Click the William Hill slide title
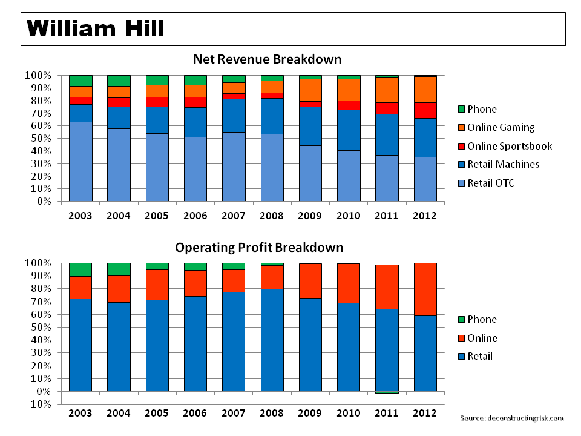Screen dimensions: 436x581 pyautogui.click(x=96, y=28)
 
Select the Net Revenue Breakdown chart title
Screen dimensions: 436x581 pyautogui.click(x=267, y=59)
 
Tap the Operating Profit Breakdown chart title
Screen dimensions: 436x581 pyautogui.click(x=259, y=248)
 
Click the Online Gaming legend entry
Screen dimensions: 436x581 pyautogui.click(x=501, y=127)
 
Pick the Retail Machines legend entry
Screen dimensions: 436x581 pyautogui.click(x=503, y=164)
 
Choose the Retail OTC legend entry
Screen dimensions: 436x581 pyautogui.click(x=490, y=183)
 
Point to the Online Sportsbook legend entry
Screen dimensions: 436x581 pyautogui.click(x=510, y=146)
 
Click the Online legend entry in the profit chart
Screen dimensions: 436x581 pyautogui.click(x=482, y=338)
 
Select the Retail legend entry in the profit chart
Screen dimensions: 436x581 pyautogui.click(x=480, y=356)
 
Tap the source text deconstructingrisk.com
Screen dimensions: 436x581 pyautogui.click(x=511, y=418)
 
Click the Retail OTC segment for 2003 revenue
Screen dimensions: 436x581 pyautogui.click(x=80, y=161)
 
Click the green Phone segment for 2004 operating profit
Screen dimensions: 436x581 pyautogui.click(x=119, y=269)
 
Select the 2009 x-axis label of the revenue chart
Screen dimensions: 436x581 pyautogui.click(x=310, y=216)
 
